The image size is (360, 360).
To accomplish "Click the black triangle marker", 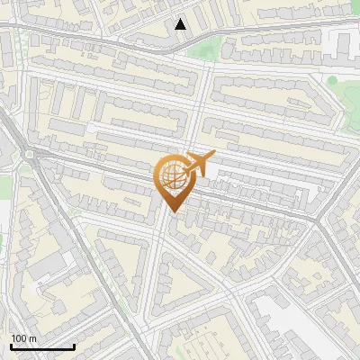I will coord(181,24).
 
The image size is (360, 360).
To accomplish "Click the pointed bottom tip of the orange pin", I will coord(172,211).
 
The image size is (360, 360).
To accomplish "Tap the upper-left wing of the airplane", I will coord(193,155).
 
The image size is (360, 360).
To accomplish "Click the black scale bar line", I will coord(42,346).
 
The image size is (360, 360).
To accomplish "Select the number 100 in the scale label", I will coord(20,338).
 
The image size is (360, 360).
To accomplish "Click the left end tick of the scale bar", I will coord(11,345).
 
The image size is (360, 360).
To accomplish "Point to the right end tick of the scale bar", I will coord(74,345).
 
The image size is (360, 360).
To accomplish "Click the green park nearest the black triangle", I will coord(205,49).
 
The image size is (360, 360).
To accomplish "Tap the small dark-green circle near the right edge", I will coord(332,80).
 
